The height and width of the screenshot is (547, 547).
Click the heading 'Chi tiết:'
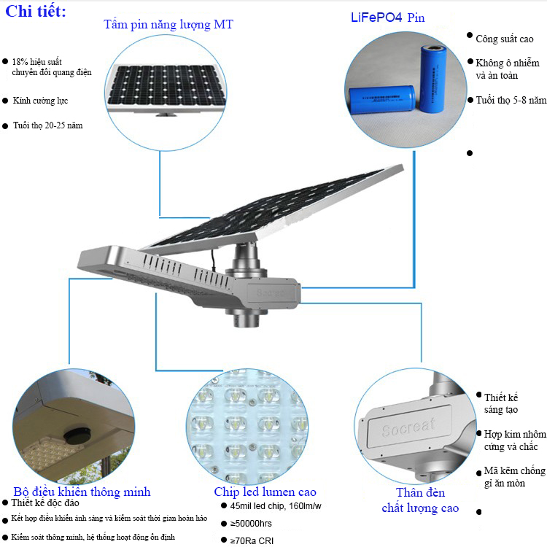(36, 12)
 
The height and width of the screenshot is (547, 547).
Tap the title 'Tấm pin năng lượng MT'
(168, 25)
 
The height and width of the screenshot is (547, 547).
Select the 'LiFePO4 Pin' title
(387, 18)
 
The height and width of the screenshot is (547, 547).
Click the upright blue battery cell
(432, 79)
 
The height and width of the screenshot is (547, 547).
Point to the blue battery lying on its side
(382, 99)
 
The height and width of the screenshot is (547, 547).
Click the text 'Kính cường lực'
(40, 101)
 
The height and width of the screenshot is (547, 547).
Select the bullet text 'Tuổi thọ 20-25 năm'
(48, 125)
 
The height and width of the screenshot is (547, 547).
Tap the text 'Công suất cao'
(505, 39)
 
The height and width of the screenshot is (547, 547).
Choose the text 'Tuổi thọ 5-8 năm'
(511, 101)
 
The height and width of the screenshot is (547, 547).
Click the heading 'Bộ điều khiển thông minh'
(82, 492)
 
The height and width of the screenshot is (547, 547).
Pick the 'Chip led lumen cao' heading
(265, 492)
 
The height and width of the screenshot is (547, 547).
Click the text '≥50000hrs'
(251, 523)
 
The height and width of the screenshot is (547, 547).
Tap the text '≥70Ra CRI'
(252, 540)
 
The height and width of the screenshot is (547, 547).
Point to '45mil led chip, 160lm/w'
(276, 506)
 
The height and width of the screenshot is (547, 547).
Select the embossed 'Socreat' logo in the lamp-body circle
(408, 427)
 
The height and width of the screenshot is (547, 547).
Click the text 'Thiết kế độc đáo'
(45, 503)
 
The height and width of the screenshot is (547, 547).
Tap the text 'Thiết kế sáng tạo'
(501, 403)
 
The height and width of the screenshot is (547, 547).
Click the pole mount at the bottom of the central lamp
(247, 317)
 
